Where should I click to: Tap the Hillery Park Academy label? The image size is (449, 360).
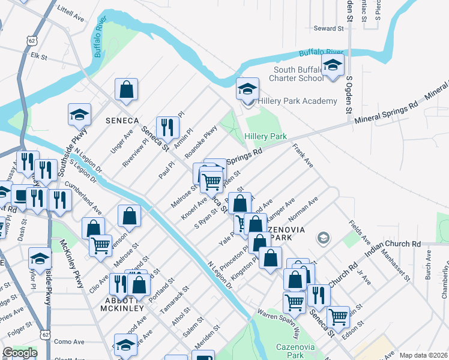point(298,101)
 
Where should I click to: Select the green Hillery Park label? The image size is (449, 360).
point(265,137)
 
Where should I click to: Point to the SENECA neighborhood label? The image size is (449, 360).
point(123,121)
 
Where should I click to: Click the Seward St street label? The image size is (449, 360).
point(328,28)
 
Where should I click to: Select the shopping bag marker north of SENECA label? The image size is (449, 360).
point(127,89)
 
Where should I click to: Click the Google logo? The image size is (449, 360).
point(20,352)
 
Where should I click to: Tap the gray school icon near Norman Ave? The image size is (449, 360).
point(323,239)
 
